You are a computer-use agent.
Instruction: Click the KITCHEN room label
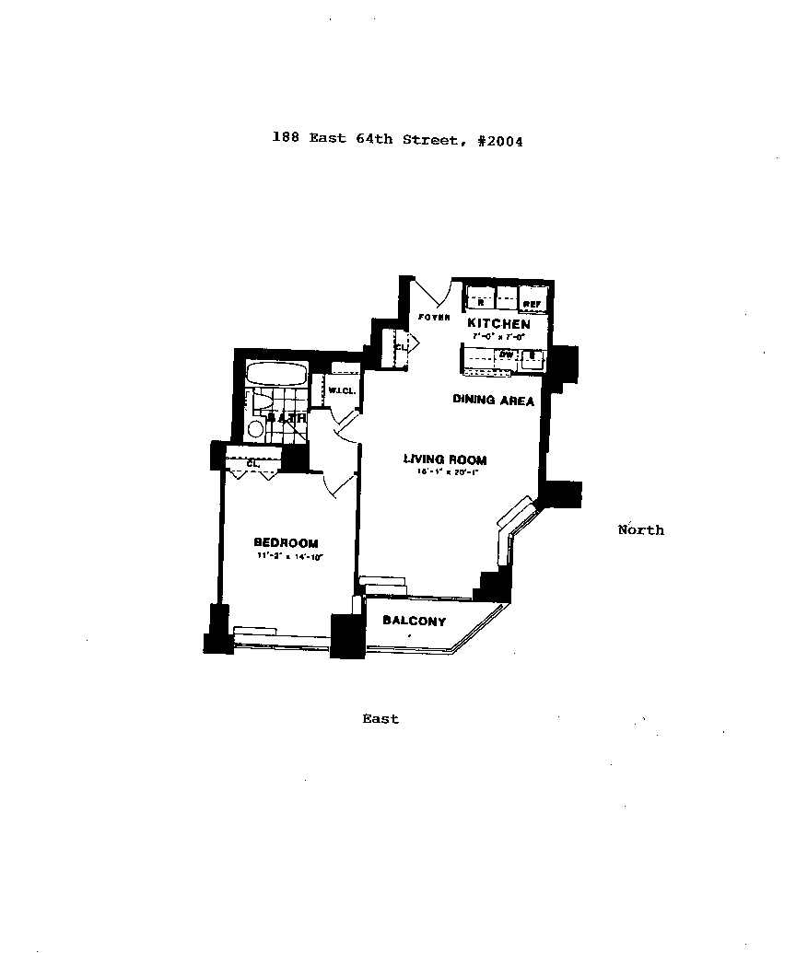(x=498, y=324)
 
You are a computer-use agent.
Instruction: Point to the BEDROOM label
(x=286, y=543)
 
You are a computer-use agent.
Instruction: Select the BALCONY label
(x=414, y=622)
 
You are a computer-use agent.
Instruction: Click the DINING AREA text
(x=493, y=401)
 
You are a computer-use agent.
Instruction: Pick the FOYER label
(x=434, y=318)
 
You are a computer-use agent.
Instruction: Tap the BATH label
(x=286, y=419)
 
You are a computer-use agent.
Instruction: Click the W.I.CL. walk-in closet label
(x=342, y=390)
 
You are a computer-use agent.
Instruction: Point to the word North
(x=640, y=529)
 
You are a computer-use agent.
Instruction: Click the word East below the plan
(x=380, y=718)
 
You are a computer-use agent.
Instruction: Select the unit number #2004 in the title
(x=500, y=140)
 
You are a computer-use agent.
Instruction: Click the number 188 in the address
(x=284, y=138)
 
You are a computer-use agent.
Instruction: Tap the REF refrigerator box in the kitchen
(x=533, y=302)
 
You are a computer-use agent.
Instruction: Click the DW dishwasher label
(x=506, y=354)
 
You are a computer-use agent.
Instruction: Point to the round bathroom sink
(x=256, y=429)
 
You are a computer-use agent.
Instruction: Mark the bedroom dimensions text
(x=290, y=556)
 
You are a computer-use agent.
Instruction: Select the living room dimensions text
(x=450, y=471)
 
